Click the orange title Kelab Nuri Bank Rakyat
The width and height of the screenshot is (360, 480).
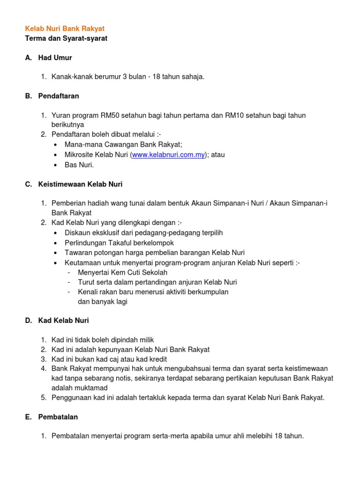(x=65, y=29)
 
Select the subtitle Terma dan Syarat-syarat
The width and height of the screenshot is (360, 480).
(x=66, y=38)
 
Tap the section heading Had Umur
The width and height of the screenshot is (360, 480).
(x=55, y=58)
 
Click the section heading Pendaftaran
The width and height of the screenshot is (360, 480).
(x=59, y=96)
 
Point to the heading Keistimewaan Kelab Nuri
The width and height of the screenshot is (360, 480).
(x=80, y=184)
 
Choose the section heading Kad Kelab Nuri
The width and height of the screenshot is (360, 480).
(x=63, y=321)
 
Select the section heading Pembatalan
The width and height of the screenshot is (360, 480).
(x=58, y=417)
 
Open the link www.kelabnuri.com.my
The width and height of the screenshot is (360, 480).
(x=169, y=155)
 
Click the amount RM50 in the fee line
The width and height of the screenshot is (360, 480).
(x=110, y=115)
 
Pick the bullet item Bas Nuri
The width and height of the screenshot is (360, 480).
(x=79, y=165)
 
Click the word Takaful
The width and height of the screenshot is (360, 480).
(x=115, y=242)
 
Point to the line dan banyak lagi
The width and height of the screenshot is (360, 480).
(x=102, y=301)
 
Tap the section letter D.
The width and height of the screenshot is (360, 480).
(x=28, y=321)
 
